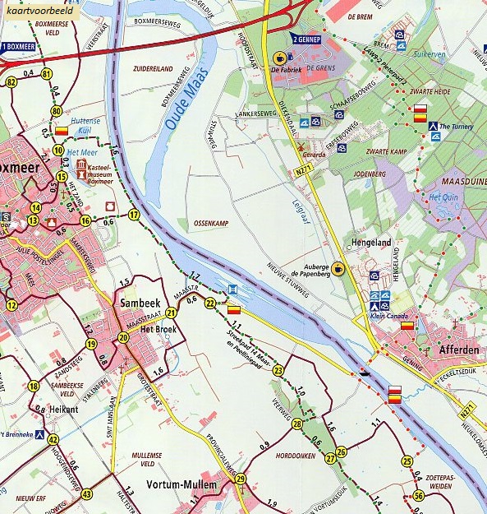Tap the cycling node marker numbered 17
tap(133, 215)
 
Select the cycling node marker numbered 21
tap(171, 313)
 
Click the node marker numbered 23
tap(278, 371)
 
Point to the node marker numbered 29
tap(241, 479)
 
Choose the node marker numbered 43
tap(87, 494)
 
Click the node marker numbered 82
tap(11, 82)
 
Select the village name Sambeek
tap(138, 302)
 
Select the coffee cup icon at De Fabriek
tap(279, 58)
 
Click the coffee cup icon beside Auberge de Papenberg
tap(338, 268)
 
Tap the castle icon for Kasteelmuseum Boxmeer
tap(80, 169)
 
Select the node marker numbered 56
tap(419, 495)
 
